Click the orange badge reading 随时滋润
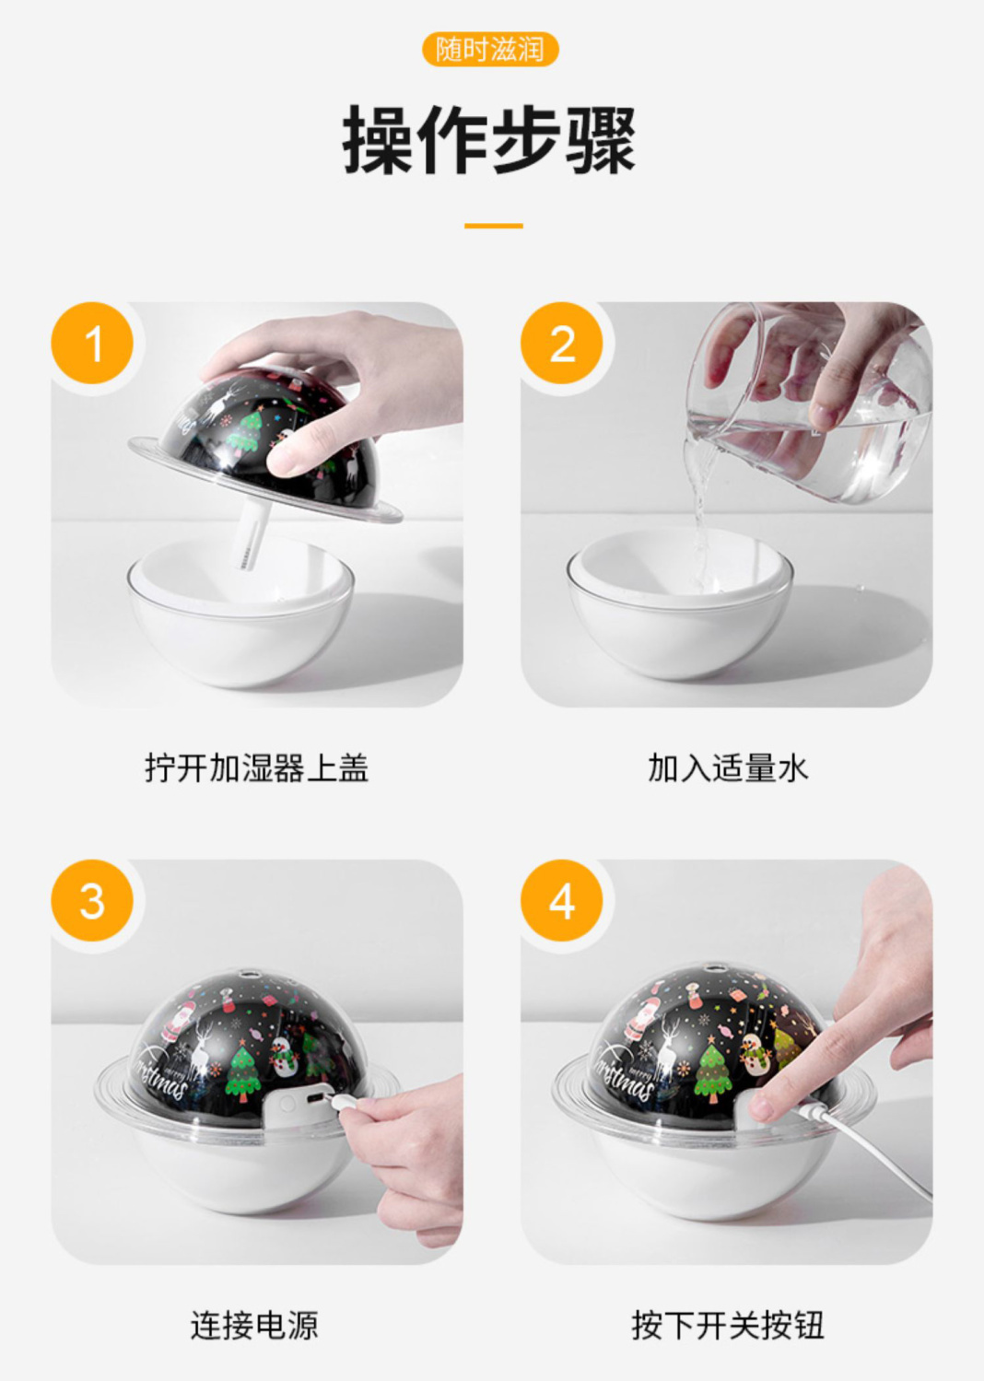click(x=490, y=50)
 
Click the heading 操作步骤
click(x=489, y=140)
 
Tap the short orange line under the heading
click(x=493, y=226)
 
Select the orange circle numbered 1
click(x=92, y=343)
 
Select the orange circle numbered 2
click(x=562, y=343)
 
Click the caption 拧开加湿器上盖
click(x=256, y=767)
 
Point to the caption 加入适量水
click(x=728, y=767)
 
